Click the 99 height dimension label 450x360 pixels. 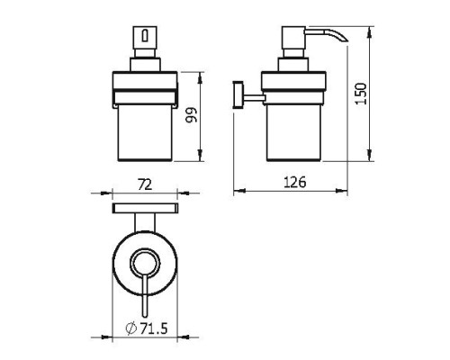point(191,115)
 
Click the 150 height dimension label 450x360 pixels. point(361,94)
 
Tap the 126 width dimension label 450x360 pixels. point(295,182)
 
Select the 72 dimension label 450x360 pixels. point(145,184)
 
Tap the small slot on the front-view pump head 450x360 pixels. point(145,36)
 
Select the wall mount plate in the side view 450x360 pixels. point(238,94)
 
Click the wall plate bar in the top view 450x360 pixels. point(145,208)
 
